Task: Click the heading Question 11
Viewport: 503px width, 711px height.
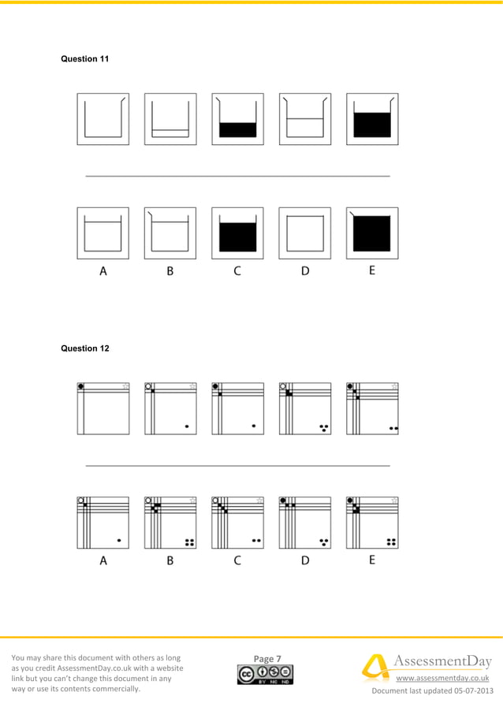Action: point(85,59)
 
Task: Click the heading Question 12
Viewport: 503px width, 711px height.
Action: point(85,348)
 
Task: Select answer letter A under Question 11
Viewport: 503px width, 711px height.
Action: point(102,271)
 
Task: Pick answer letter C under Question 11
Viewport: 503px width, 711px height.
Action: point(237,271)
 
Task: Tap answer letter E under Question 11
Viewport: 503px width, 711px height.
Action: point(372,270)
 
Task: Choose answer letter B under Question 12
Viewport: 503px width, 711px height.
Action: point(170,560)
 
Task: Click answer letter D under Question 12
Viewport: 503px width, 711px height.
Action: point(304,560)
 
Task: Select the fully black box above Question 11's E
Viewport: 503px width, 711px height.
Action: point(372,233)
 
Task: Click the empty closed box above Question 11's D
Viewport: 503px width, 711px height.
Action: point(304,233)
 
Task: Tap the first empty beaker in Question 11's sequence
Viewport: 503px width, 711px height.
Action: point(102,119)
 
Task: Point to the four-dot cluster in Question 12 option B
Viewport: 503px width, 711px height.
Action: point(189,542)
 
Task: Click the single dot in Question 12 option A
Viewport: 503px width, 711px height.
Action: point(118,540)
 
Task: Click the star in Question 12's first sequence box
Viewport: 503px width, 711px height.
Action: point(125,386)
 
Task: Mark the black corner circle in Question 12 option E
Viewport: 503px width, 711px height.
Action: point(350,501)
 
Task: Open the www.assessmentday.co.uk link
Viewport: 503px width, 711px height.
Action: point(442,677)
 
